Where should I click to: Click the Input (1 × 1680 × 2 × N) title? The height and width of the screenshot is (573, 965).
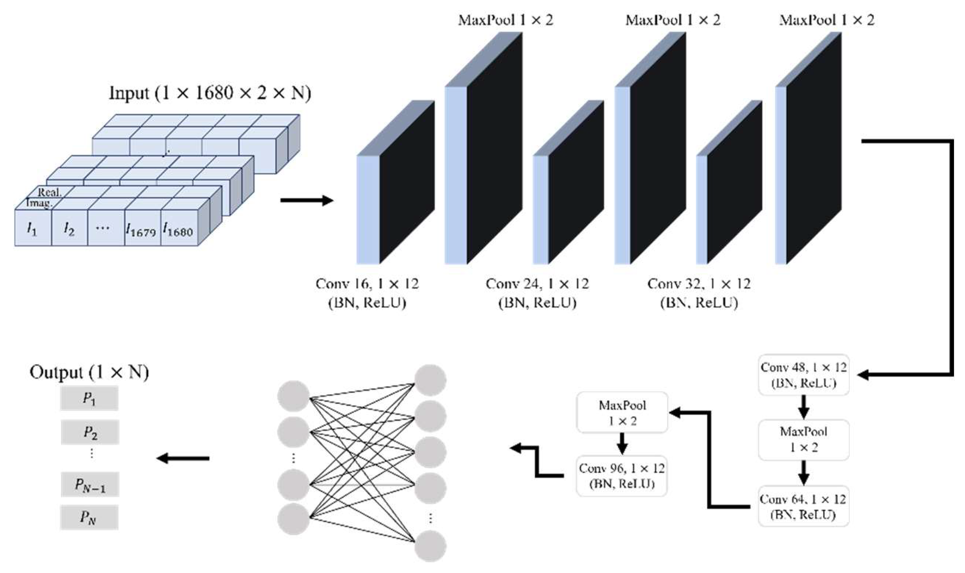(210, 93)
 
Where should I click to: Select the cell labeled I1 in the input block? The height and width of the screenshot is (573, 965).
(33, 228)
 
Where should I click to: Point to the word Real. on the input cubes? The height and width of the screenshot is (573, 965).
(50, 192)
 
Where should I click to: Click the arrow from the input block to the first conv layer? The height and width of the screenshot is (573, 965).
(307, 201)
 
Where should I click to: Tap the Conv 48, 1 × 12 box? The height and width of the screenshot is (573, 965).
(803, 374)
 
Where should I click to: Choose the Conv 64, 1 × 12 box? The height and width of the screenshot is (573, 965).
(803, 506)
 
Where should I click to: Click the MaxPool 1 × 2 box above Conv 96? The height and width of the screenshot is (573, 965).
(622, 412)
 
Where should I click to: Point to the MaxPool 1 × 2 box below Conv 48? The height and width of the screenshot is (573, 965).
(803, 439)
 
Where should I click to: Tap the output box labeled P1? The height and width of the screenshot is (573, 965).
(89, 398)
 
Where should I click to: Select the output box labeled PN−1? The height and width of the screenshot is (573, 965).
(90, 485)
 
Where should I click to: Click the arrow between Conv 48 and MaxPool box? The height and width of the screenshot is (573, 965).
(803, 406)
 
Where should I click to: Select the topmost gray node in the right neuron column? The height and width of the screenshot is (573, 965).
(430, 380)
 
